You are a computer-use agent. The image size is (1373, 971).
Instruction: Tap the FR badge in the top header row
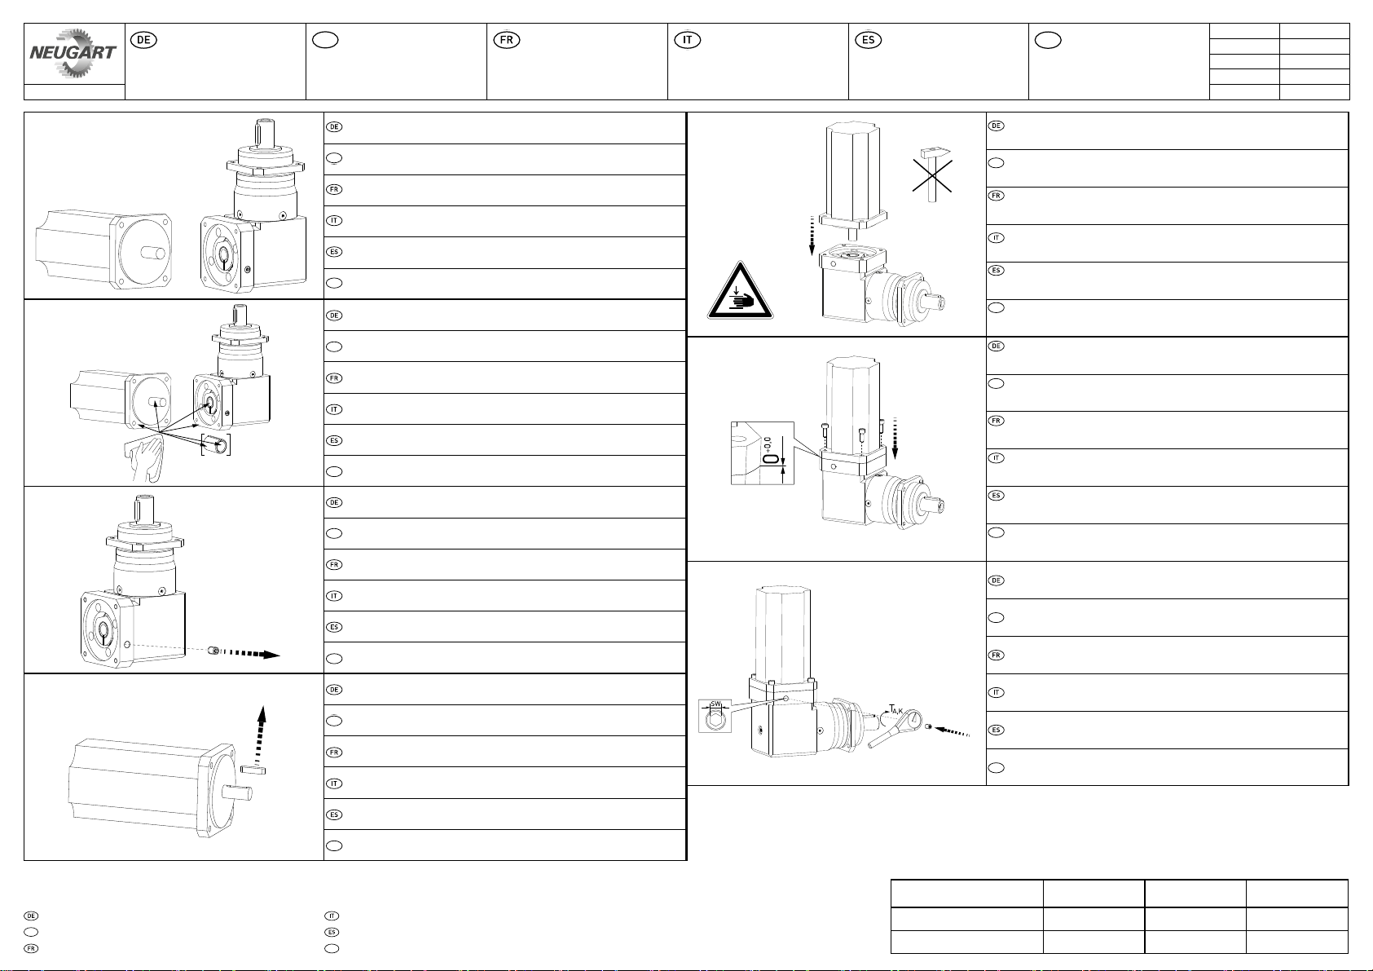[x=507, y=39]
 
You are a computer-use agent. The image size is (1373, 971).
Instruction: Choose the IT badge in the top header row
[x=688, y=39]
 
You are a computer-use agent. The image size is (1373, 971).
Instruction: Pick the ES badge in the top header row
[x=869, y=39]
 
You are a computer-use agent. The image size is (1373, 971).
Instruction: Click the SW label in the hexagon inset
[x=716, y=704]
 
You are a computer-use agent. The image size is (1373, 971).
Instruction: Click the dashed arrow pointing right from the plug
[x=253, y=653]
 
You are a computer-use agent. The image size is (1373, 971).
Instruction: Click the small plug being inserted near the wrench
[x=928, y=727]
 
